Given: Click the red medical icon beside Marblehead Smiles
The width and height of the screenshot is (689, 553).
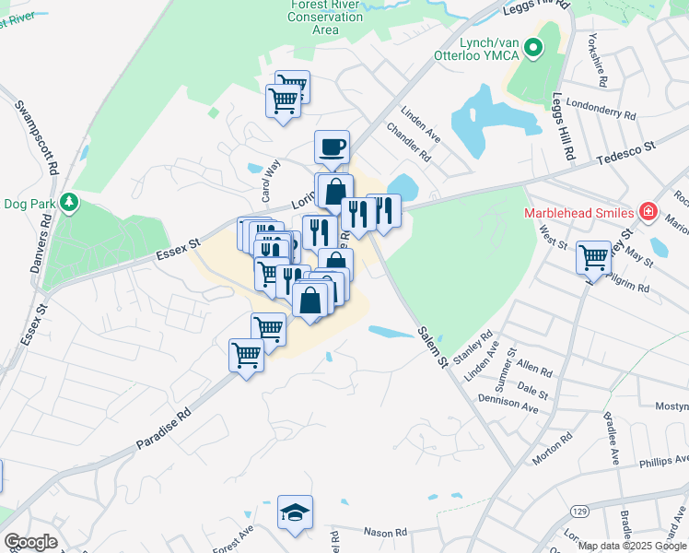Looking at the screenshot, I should click(648, 212).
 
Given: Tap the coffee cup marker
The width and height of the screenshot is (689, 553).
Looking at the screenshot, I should click(332, 147).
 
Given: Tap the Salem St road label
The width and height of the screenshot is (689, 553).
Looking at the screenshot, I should click(430, 347).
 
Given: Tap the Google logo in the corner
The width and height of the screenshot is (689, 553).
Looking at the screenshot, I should click(30, 542).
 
